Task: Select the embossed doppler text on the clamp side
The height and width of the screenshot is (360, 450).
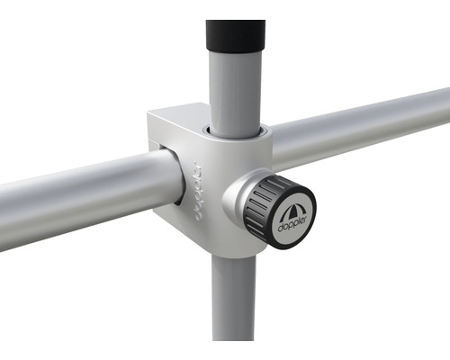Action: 194,191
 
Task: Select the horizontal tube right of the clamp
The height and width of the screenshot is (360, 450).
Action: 360,126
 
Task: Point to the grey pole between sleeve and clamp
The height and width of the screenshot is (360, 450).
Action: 235,90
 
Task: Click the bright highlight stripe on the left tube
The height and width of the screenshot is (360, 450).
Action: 81,176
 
